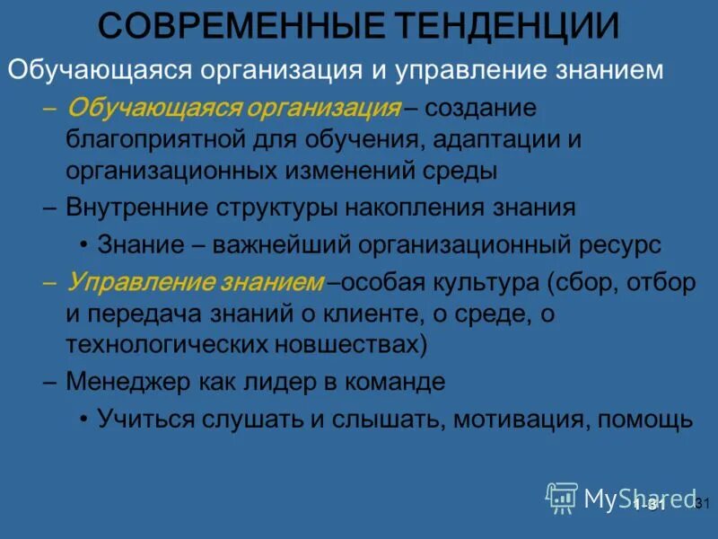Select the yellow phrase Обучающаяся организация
pyautogui.click(x=233, y=109)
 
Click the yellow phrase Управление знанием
pyautogui.click(x=195, y=282)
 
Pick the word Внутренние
pyautogui.click(x=136, y=208)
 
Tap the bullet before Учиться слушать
pyautogui.click(x=83, y=419)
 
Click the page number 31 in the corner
pyautogui.click(x=703, y=503)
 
